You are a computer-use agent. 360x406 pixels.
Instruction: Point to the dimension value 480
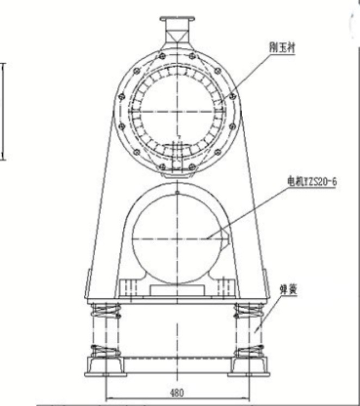click(176, 392)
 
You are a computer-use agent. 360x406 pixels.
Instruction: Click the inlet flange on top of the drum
click(177, 21)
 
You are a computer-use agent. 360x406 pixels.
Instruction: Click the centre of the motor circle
click(177, 238)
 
